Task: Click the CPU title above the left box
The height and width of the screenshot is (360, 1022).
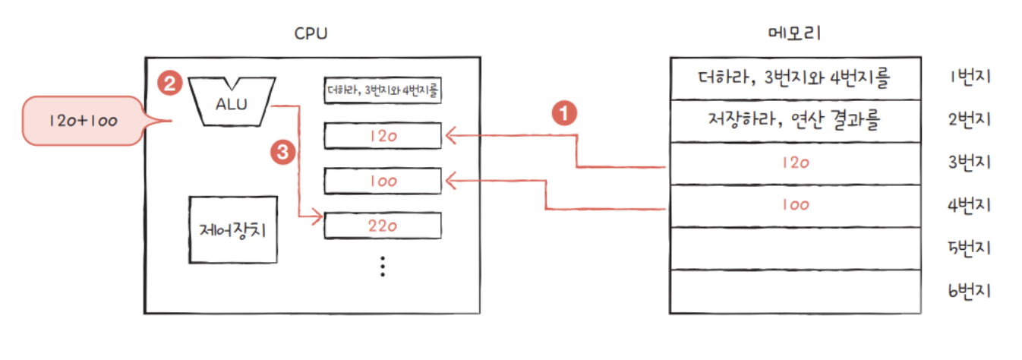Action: (x=311, y=34)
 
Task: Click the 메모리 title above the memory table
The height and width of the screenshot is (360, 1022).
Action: (x=794, y=34)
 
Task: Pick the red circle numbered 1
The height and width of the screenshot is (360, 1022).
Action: (x=563, y=115)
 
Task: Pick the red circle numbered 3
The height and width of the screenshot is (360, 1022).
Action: (x=282, y=152)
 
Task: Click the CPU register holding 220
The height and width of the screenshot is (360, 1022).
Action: (x=383, y=225)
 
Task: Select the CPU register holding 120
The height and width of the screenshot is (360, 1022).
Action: (x=383, y=136)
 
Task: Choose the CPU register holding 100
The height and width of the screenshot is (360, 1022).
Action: (x=383, y=182)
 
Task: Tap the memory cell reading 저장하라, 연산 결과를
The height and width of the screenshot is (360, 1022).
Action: (x=794, y=120)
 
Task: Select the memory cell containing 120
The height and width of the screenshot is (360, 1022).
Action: (x=794, y=163)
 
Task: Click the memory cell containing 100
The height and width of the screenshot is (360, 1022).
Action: (x=794, y=205)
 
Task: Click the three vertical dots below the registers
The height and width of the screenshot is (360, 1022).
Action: (x=383, y=266)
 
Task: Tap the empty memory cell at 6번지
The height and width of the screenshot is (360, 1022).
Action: (x=794, y=290)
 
